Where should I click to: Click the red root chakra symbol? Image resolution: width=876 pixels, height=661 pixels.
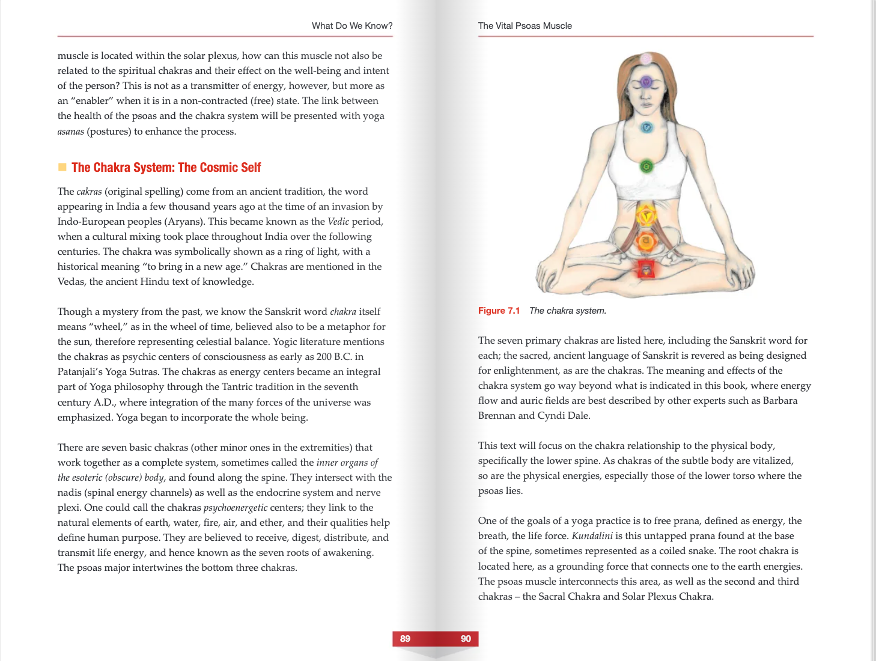(646, 269)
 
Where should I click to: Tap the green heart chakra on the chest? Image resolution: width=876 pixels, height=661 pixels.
(646, 166)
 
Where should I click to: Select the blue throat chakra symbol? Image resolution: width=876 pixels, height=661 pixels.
(646, 127)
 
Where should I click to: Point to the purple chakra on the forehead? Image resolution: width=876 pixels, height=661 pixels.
(646, 82)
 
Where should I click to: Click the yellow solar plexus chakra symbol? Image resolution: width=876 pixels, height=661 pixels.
(646, 215)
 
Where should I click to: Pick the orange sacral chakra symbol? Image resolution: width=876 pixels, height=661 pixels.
(646, 242)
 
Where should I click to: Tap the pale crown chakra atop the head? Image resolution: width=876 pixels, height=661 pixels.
(646, 59)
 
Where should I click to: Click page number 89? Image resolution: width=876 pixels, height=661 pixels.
(405, 639)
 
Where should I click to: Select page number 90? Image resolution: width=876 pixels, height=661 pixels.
(466, 639)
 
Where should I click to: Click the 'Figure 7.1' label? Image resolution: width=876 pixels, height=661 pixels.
(499, 311)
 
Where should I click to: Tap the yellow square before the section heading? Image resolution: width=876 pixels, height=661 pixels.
(62, 167)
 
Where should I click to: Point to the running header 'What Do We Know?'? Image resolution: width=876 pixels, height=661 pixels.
(352, 26)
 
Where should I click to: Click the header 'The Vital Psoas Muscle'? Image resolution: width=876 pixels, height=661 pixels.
(525, 26)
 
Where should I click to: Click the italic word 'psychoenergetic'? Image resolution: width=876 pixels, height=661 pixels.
(236, 508)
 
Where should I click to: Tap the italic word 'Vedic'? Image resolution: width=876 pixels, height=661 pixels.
(338, 222)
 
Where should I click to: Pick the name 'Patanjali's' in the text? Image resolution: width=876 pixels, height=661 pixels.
(80, 372)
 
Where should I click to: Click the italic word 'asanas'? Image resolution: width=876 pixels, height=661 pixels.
(70, 132)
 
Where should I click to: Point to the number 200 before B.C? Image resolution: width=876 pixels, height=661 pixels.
(324, 357)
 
